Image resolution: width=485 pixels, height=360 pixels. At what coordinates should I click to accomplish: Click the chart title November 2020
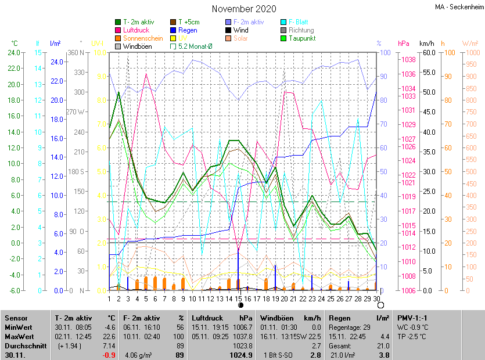coord(244,9)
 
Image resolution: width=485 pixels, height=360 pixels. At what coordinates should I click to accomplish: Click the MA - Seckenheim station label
coord(459,7)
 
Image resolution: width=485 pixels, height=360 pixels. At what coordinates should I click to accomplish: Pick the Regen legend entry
coord(188,30)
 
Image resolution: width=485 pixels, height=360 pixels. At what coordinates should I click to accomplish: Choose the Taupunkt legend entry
coord(301,38)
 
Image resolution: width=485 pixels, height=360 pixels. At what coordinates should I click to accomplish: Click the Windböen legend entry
coord(137,46)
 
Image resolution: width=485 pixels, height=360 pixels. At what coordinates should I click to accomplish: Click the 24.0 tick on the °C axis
coord(13,53)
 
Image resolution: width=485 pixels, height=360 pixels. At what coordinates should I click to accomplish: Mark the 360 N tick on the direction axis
coord(76,53)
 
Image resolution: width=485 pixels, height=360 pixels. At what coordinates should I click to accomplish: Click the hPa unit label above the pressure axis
coord(404,44)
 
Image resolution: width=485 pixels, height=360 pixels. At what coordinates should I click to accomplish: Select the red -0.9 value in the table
coord(109,355)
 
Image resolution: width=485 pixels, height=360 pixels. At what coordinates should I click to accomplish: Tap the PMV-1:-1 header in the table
coord(412,318)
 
